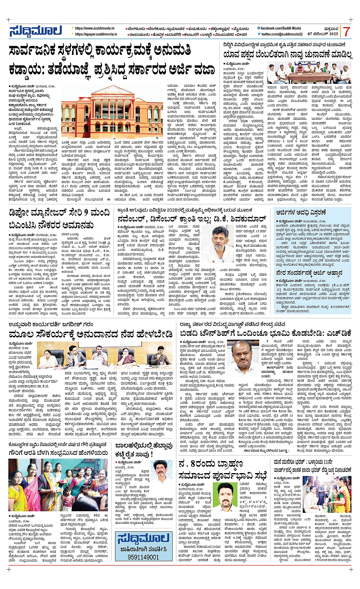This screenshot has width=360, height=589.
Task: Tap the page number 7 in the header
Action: coord(346,32)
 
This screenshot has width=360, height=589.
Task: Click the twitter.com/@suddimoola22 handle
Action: coord(282,34)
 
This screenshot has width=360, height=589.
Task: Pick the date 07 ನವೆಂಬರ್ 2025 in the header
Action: coord(323,34)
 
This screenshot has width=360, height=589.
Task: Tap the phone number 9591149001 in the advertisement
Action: coord(138,557)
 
